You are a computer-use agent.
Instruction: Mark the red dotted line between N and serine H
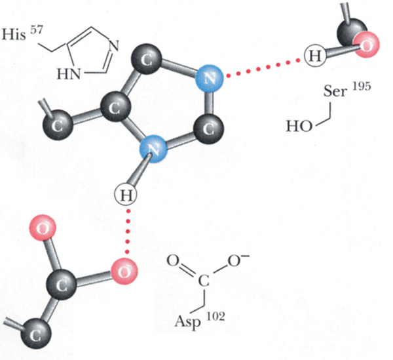click(x=262, y=67)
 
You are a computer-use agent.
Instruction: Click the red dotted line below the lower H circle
click(x=126, y=233)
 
